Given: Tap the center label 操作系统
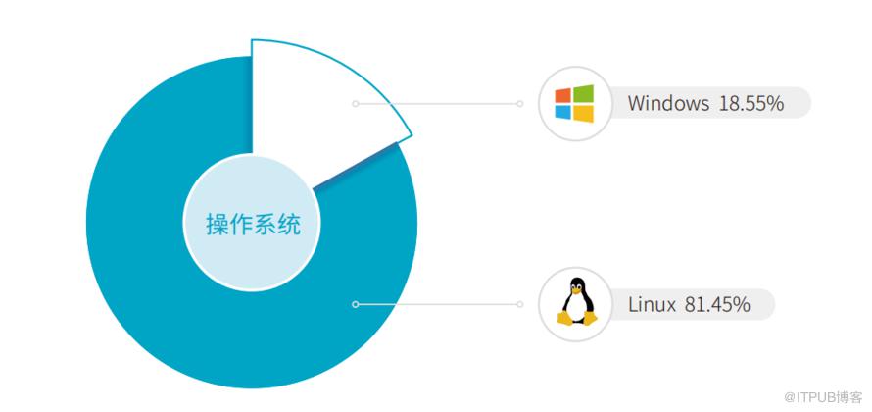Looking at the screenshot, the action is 253,225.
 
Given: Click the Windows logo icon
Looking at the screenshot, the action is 574,104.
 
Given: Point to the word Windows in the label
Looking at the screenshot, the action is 668,104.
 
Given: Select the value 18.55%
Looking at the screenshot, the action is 751,104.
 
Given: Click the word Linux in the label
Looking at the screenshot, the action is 652,304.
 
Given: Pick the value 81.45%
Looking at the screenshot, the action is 718,304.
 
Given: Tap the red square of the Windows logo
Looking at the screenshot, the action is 562,95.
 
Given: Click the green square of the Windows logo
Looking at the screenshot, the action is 584,93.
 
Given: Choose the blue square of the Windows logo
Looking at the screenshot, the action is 562,112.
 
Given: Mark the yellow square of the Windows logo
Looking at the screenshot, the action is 584,114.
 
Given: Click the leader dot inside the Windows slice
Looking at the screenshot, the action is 356,104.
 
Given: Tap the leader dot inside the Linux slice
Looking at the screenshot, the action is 356,304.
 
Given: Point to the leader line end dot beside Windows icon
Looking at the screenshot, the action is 519,104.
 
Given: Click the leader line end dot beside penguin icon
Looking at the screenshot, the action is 519,304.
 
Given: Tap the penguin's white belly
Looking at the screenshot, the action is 576,307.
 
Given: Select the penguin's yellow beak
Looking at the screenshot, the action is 577,290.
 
